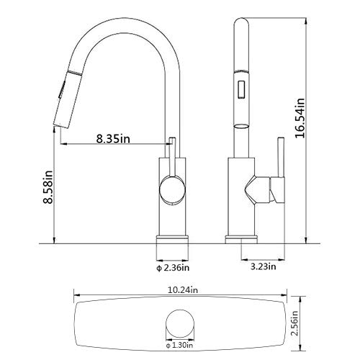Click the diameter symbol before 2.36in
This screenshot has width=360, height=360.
tap(158, 269)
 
